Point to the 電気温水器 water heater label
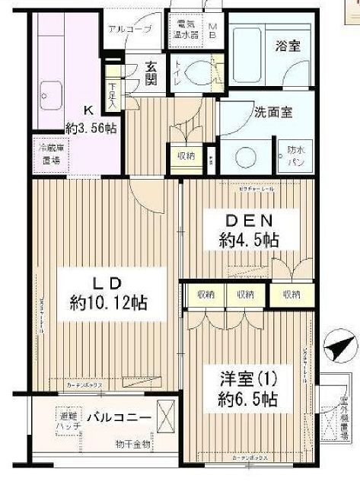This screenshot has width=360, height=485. (x=186, y=28)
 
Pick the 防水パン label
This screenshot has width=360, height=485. (x=296, y=156)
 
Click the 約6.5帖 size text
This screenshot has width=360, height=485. (x=246, y=398)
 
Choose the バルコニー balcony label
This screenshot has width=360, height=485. (x=118, y=418)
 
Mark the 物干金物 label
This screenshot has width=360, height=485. (x=132, y=444)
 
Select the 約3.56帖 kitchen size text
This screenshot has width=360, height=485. (x=91, y=129)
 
